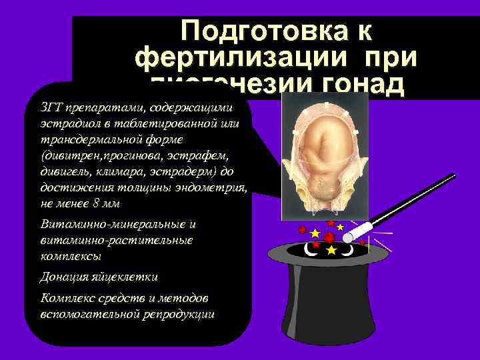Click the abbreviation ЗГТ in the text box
point(51,108)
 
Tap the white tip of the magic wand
point(358,229)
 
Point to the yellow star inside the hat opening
point(331,249)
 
